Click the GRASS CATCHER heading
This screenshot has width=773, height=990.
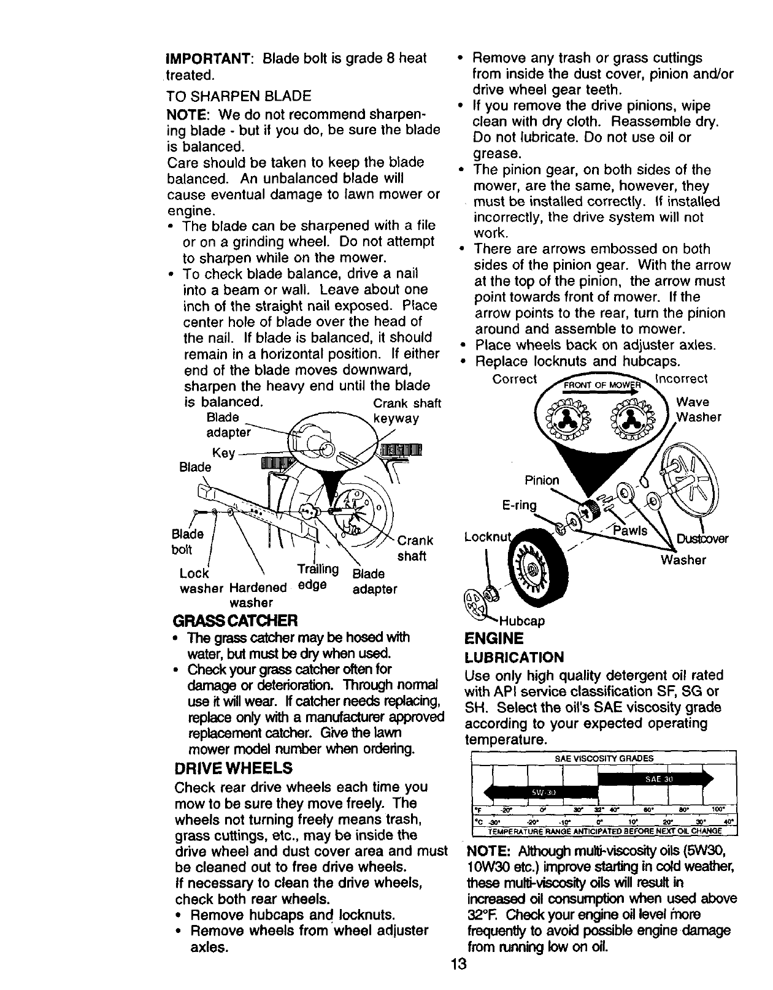[x=236, y=620]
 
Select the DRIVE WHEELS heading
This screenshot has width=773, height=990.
[x=233, y=768]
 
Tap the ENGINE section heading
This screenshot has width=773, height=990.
[x=495, y=638]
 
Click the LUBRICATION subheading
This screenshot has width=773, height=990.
[x=513, y=658]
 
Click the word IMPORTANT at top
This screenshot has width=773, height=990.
[x=207, y=59]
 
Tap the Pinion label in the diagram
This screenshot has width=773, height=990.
[x=542, y=480]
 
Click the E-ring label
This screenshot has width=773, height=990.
[x=519, y=505]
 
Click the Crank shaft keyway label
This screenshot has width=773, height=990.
[x=407, y=411]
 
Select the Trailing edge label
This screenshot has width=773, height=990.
[x=318, y=577]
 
